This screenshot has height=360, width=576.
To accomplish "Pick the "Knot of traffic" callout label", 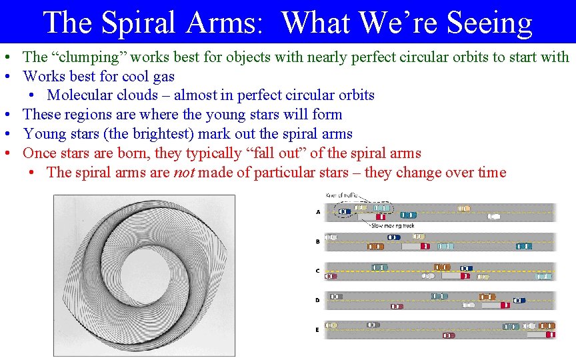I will tap(342, 195).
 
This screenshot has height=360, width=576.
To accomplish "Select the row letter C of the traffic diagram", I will tap(317, 271).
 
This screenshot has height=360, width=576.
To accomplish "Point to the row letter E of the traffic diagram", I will tap(317, 329).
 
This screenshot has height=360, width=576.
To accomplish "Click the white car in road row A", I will tap(494, 217).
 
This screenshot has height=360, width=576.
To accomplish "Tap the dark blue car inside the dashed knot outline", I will tap(345, 212).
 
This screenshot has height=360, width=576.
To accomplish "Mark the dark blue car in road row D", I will tap(519, 301).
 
